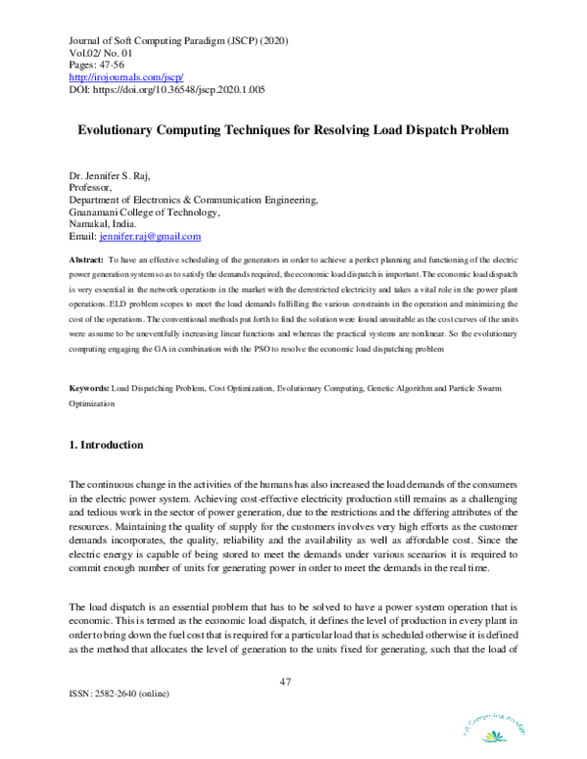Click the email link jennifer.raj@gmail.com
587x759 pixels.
tap(150, 236)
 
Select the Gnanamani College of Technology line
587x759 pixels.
tap(144, 211)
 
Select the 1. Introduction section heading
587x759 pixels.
tap(107, 445)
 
